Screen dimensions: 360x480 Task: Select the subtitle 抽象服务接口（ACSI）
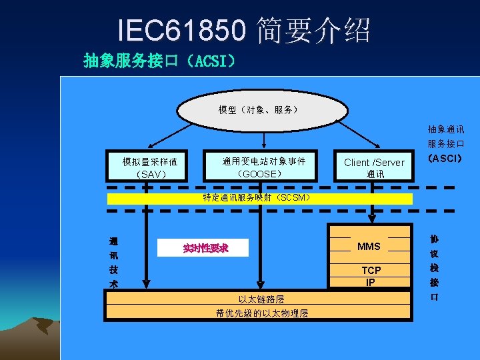(159, 61)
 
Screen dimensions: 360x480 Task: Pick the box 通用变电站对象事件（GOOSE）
(264, 167)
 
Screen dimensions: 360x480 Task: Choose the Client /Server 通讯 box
(374, 167)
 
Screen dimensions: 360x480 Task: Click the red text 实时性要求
(205, 248)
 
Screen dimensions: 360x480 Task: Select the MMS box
(369, 247)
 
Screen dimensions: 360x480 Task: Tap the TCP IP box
(371, 275)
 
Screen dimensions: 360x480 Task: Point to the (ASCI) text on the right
(446, 159)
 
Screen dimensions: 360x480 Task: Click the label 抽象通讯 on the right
(446, 129)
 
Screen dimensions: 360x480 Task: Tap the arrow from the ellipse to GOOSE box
(264, 140)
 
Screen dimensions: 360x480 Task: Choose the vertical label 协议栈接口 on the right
(435, 267)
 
